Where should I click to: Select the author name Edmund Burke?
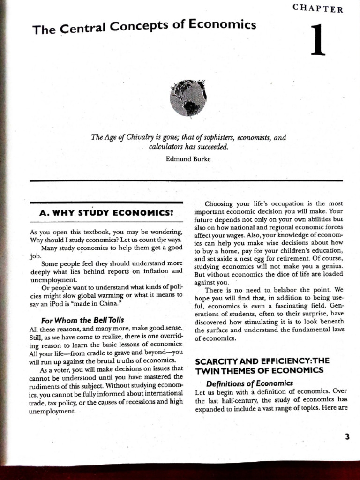[x=188, y=159]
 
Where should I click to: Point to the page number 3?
[x=347, y=436]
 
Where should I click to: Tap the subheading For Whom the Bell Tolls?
[x=82, y=320]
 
